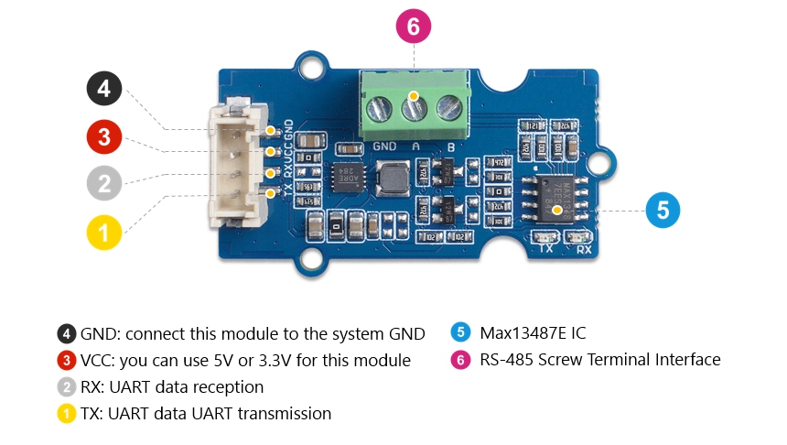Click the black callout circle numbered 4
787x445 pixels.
104,89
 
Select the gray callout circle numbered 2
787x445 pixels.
104,183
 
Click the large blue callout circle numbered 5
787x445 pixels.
663,210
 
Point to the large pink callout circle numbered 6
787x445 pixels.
413,27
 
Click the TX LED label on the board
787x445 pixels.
546,248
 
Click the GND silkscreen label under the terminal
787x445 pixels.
384,147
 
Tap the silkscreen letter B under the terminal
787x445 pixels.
450,147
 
